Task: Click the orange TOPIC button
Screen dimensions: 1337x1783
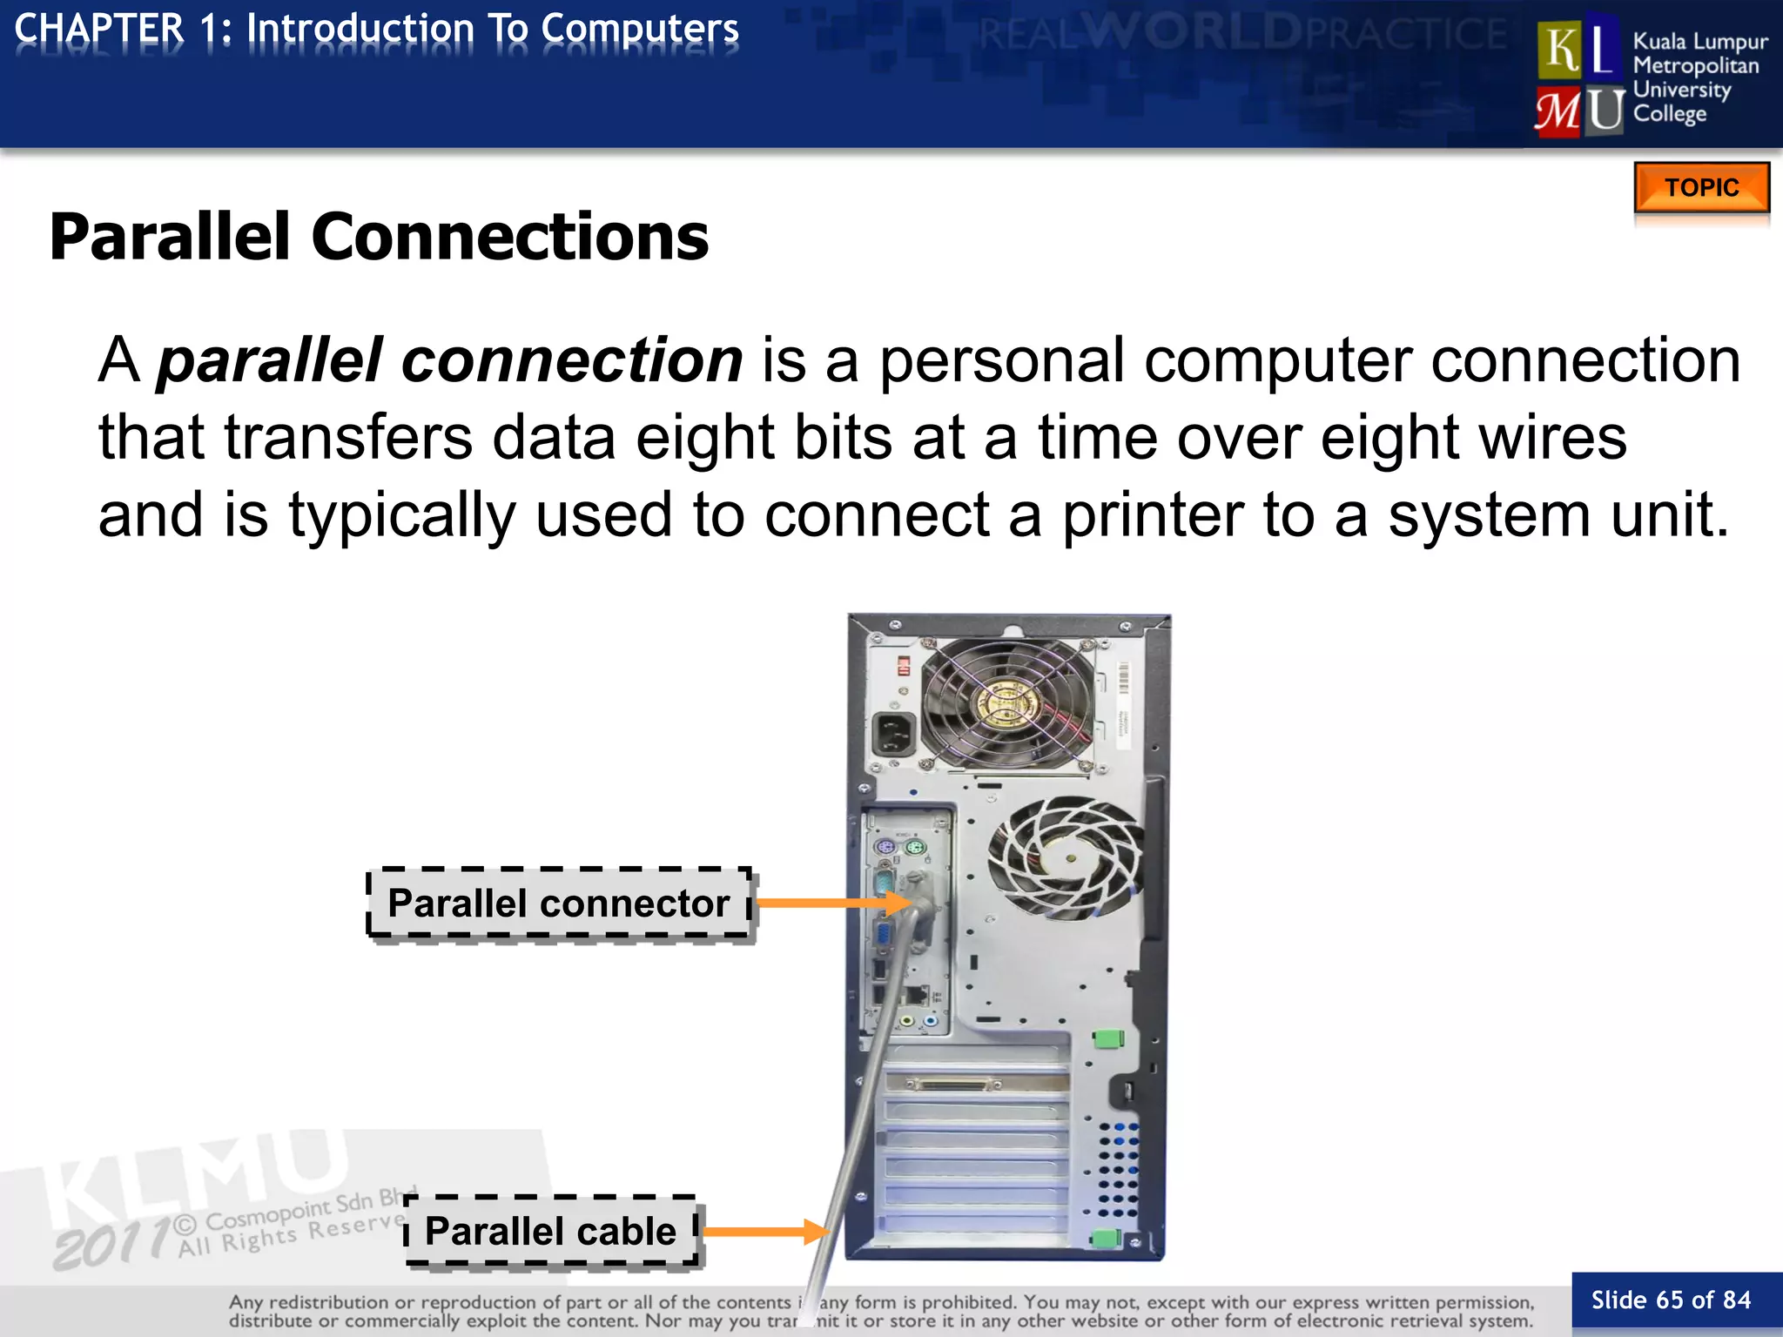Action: [1701, 187]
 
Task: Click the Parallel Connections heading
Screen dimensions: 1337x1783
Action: [380, 237]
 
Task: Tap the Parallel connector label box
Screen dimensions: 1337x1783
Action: [559, 904]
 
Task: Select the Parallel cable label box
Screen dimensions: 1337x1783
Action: [550, 1231]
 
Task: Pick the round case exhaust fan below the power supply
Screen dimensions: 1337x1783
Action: [1066, 857]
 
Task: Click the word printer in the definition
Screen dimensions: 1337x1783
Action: [1152, 514]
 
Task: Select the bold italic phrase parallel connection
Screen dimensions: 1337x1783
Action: [449, 360]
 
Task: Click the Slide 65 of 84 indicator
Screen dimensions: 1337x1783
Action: [1671, 1300]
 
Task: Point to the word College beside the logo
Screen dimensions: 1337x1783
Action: [1669, 114]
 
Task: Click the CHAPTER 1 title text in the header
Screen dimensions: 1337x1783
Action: [376, 29]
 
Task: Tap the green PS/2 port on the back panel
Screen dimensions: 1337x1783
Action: [913, 847]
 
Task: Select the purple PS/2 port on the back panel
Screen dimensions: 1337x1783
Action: [885, 847]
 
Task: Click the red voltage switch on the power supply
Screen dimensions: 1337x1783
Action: [904, 666]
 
